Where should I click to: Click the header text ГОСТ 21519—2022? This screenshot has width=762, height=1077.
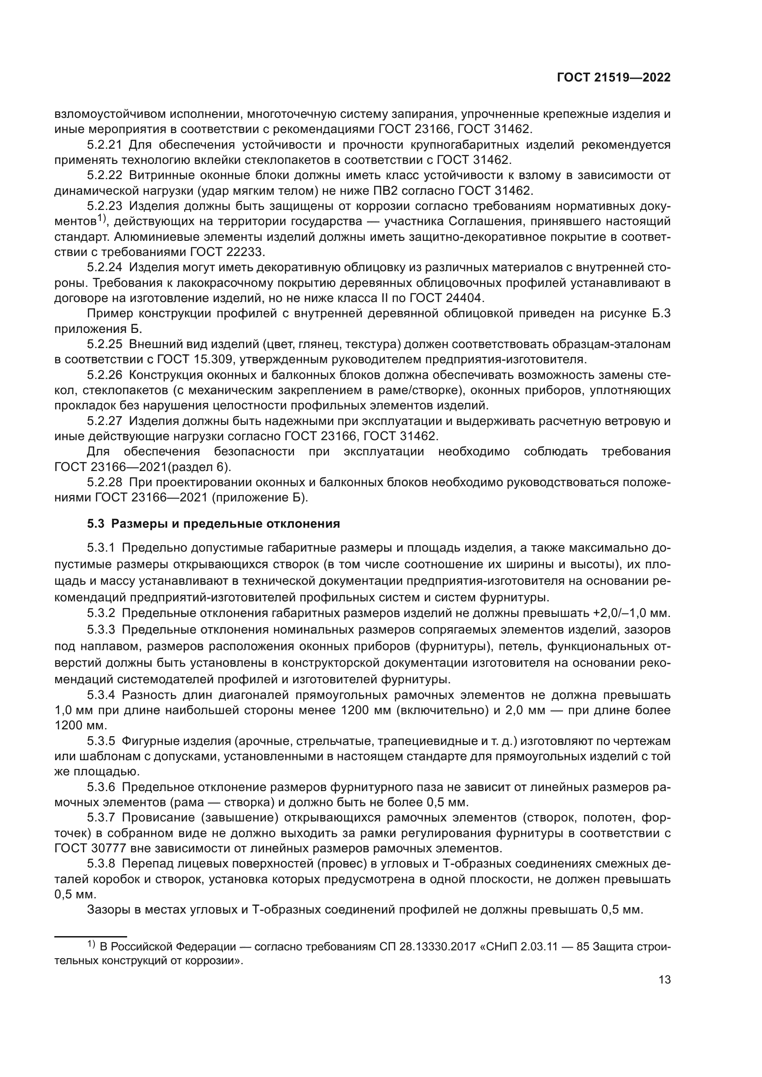click(x=613, y=78)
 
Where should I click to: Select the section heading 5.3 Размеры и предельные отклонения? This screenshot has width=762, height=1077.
click(x=213, y=524)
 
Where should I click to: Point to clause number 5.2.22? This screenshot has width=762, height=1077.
click(x=105, y=175)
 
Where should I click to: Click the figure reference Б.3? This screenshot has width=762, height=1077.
click(x=661, y=314)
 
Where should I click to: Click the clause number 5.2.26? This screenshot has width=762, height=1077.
click(x=105, y=375)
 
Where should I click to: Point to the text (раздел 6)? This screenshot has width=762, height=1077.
click(x=208, y=467)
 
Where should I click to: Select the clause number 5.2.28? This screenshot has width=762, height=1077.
click(x=105, y=482)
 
